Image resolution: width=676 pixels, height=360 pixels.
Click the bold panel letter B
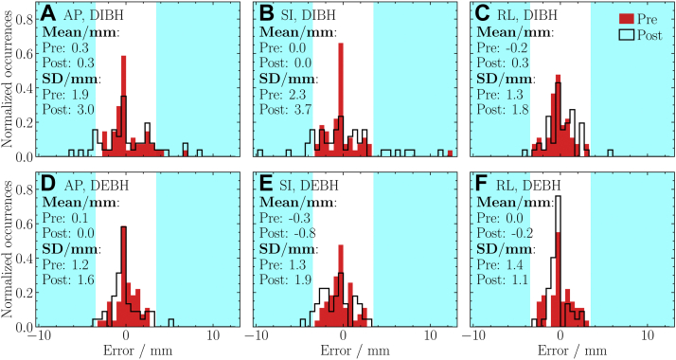coord(265,14)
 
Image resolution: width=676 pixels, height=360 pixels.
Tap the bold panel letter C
coord(483,14)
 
